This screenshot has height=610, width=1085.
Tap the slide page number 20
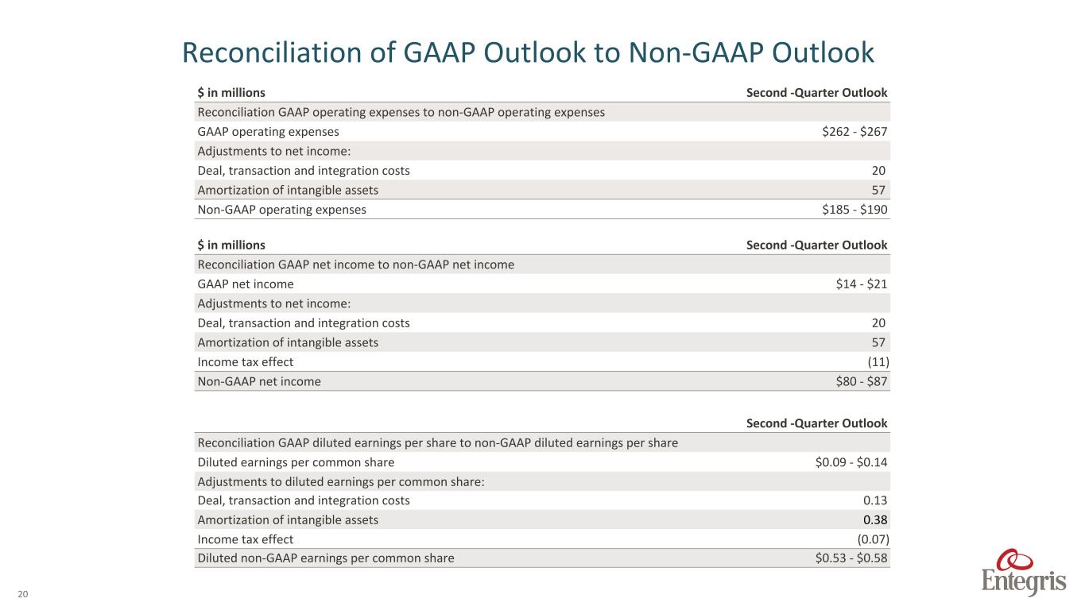(x=22, y=593)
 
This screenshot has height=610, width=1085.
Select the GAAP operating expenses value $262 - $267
(x=854, y=132)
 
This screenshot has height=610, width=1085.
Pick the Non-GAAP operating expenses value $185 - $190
(x=854, y=210)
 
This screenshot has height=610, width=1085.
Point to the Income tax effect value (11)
(x=877, y=362)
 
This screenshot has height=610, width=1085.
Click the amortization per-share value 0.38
(x=875, y=520)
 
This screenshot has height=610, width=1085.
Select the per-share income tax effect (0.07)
(x=872, y=539)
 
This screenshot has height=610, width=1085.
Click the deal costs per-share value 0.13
(x=875, y=500)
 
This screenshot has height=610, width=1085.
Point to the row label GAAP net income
(x=246, y=284)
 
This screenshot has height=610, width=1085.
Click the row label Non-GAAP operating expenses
(x=282, y=210)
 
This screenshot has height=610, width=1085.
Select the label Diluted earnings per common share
(x=296, y=462)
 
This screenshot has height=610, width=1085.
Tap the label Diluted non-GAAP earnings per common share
(x=326, y=558)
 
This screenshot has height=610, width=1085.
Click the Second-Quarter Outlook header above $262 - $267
(x=816, y=93)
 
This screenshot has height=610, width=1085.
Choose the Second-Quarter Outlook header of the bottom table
(x=816, y=423)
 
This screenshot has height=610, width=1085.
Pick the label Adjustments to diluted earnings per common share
(x=341, y=481)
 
